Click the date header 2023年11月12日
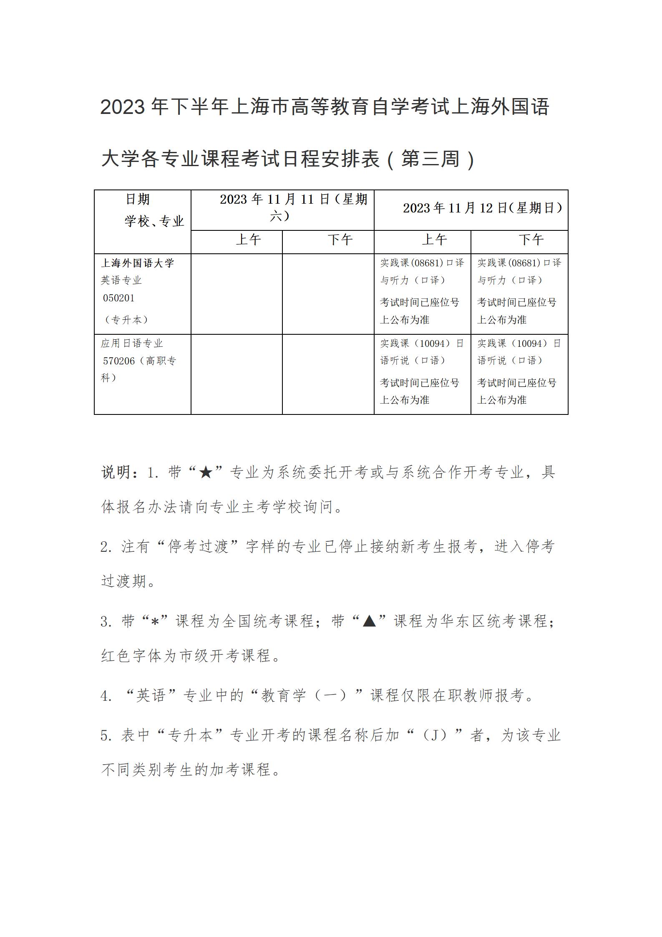click(482, 208)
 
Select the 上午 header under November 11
click(248, 240)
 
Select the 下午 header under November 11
click(340, 240)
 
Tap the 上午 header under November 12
click(434, 240)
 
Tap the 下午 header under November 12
click(531, 240)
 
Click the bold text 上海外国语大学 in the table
click(138, 263)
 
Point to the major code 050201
click(119, 298)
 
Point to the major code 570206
click(118, 361)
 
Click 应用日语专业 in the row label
click(132, 343)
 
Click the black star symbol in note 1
click(206, 473)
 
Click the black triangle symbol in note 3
click(370, 621)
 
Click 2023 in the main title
click(122, 108)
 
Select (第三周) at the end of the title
click(430, 159)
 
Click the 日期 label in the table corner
click(138, 200)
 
